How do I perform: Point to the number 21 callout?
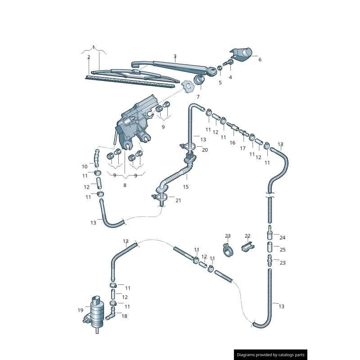click(178, 200)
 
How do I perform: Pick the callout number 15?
click(185, 187)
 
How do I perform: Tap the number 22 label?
click(247, 236)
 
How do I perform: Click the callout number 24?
click(283, 238)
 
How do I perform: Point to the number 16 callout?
click(232, 143)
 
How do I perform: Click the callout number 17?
click(243, 148)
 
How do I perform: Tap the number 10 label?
click(85, 166)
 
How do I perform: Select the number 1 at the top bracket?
click(94, 47)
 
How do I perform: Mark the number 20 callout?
click(205, 150)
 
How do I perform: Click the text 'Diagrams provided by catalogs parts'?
click(271, 355)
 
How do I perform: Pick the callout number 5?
click(220, 82)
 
